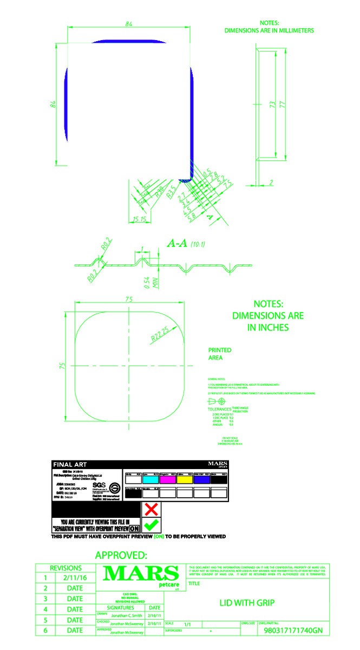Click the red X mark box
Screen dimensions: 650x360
click(152, 509)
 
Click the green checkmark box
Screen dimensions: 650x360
click(152, 525)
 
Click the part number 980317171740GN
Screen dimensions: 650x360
click(293, 630)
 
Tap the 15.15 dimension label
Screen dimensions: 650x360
click(139, 219)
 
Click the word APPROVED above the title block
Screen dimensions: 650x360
click(121, 555)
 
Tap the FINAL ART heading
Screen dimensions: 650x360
click(69, 464)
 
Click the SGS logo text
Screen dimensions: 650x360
click(99, 485)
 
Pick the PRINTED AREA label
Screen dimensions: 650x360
click(220, 354)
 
